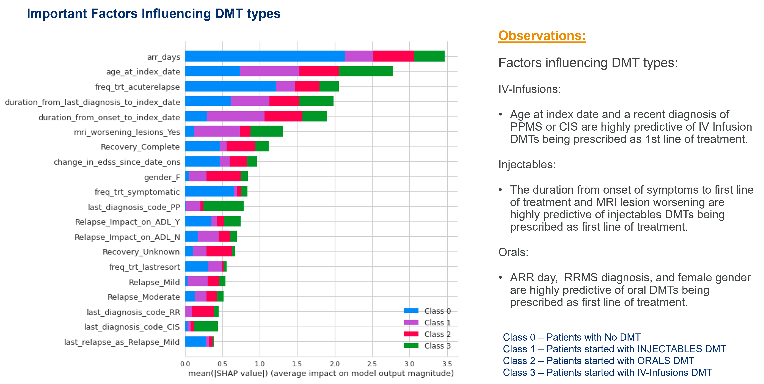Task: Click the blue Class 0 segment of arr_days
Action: coord(265,56)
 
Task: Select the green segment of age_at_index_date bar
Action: coord(365,71)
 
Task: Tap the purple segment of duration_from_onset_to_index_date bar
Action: coord(236,116)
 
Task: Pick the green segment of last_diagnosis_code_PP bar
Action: coord(223,206)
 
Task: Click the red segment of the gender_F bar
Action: coord(223,176)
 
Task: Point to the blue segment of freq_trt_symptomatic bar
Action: coord(209,191)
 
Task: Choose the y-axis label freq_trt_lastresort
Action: coord(144,267)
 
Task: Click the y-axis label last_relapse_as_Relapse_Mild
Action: coord(122,342)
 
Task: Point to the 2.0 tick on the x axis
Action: coord(335,364)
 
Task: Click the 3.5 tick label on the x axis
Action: coord(447,364)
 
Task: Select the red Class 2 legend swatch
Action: coord(411,334)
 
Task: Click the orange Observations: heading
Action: coord(542,36)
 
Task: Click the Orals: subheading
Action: coord(513,252)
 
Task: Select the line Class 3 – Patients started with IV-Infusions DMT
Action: coord(607,372)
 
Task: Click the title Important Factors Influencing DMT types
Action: coord(153,14)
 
